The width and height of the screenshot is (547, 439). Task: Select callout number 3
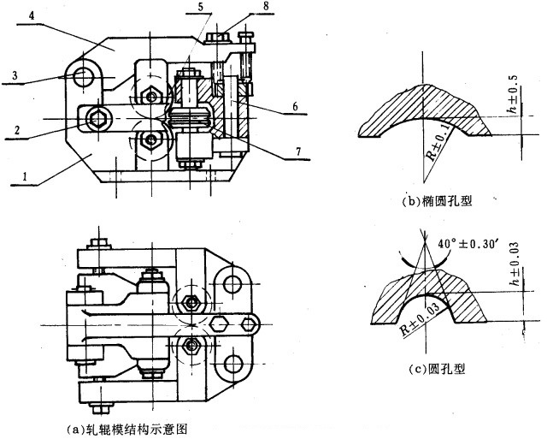point(15,76)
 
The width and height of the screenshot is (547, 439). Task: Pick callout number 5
point(199,8)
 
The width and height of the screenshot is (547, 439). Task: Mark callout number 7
point(296,151)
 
